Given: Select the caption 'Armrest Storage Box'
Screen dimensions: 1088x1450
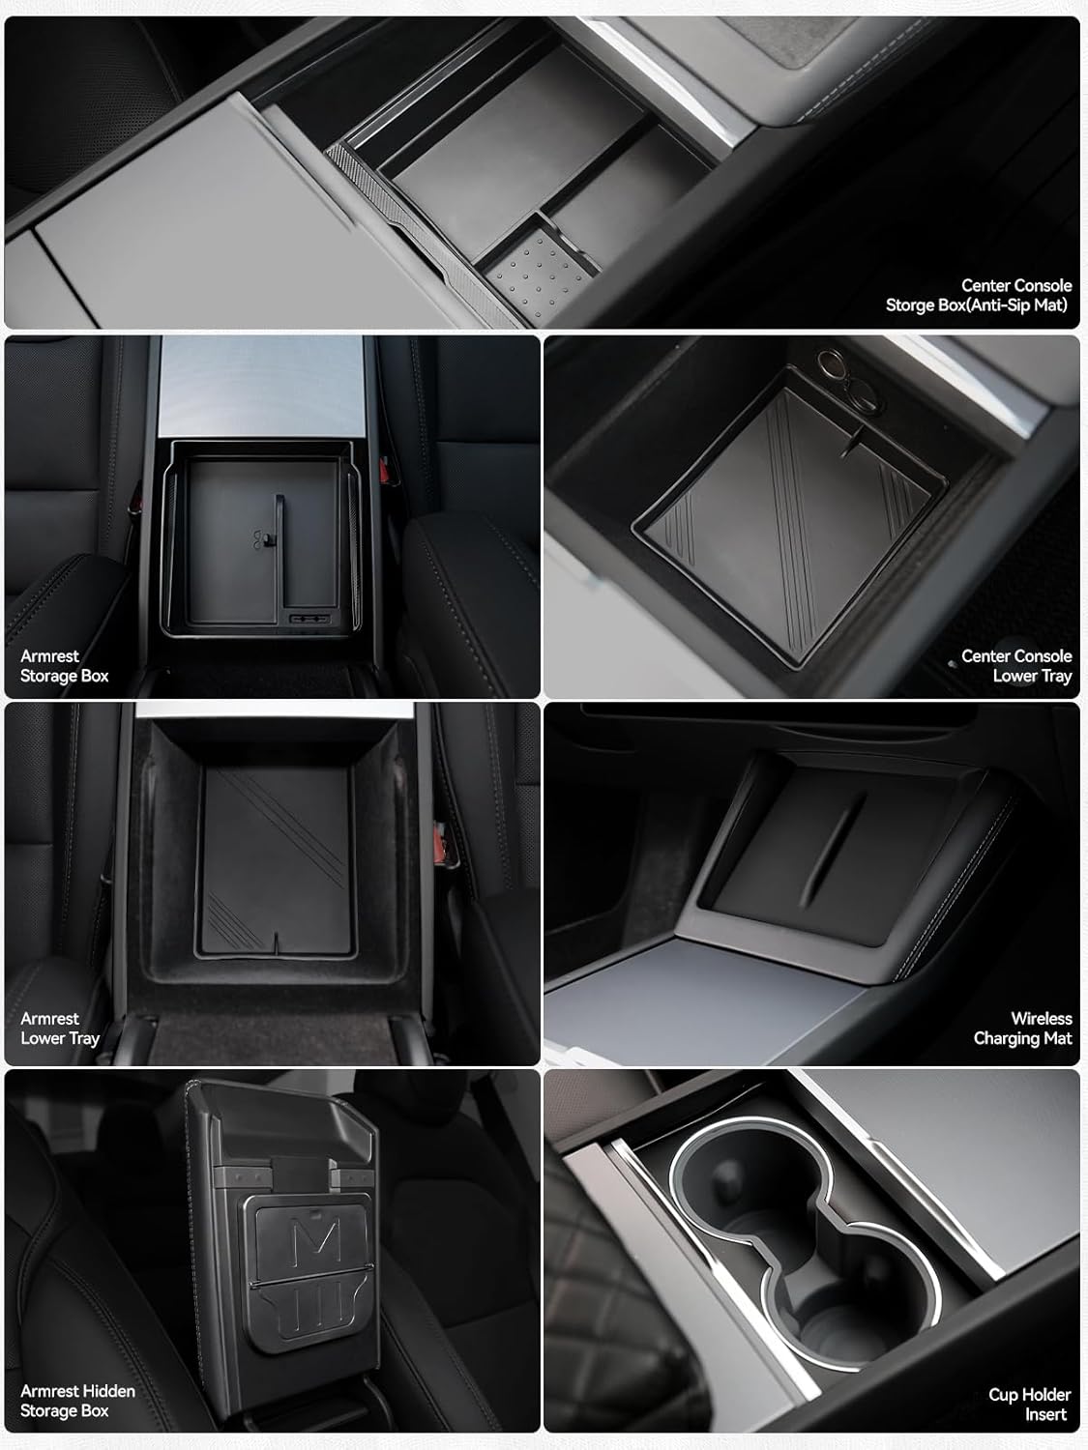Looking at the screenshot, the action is (x=64, y=666).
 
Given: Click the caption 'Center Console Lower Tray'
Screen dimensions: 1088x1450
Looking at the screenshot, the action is (x=1016, y=666).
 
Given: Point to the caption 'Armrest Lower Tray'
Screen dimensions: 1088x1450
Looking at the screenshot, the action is (x=59, y=1028).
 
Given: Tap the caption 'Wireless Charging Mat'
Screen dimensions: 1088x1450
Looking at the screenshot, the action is (x=1022, y=1028).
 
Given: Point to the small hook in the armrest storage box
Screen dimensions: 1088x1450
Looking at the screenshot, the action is (x=261, y=540).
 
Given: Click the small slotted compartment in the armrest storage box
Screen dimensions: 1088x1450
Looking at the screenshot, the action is (x=309, y=619).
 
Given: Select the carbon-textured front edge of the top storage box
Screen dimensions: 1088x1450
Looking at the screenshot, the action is (x=423, y=238).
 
